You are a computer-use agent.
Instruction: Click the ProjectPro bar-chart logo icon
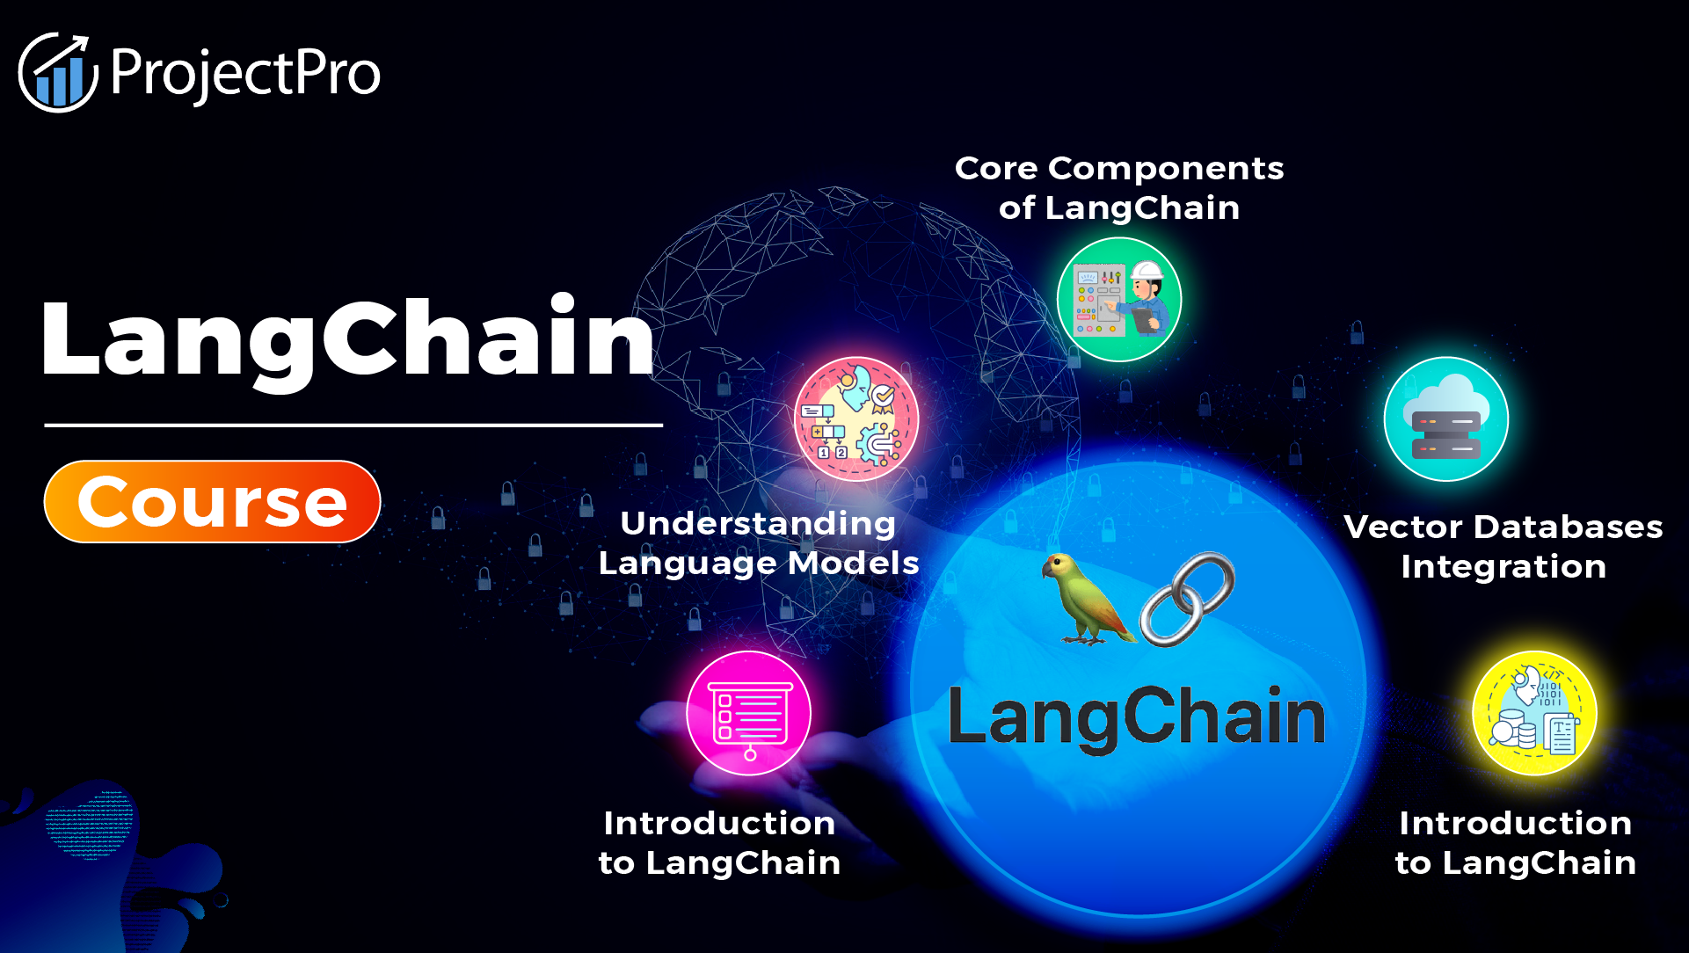[x=58, y=74]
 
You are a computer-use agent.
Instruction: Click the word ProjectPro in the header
[x=245, y=74]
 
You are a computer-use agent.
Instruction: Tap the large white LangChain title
[x=348, y=339]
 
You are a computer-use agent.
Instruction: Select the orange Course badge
[x=212, y=502]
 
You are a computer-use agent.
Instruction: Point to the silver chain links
[x=1188, y=599]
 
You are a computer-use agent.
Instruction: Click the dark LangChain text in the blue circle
[x=1136, y=717]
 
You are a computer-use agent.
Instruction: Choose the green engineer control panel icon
[x=1119, y=300]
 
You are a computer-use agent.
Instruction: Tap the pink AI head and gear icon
[x=856, y=418]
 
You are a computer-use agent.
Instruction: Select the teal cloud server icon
[x=1446, y=419]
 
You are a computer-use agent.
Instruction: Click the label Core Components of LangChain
[x=1119, y=188]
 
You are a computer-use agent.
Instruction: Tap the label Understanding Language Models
[x=759, y=543]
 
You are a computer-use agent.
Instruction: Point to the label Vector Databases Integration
[x=1503, y=547]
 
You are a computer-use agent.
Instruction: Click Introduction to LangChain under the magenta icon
[x=719, y=843]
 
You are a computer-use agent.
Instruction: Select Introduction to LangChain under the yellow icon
[x=1516, y=843]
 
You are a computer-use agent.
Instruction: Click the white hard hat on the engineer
[x=1147, y=270]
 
